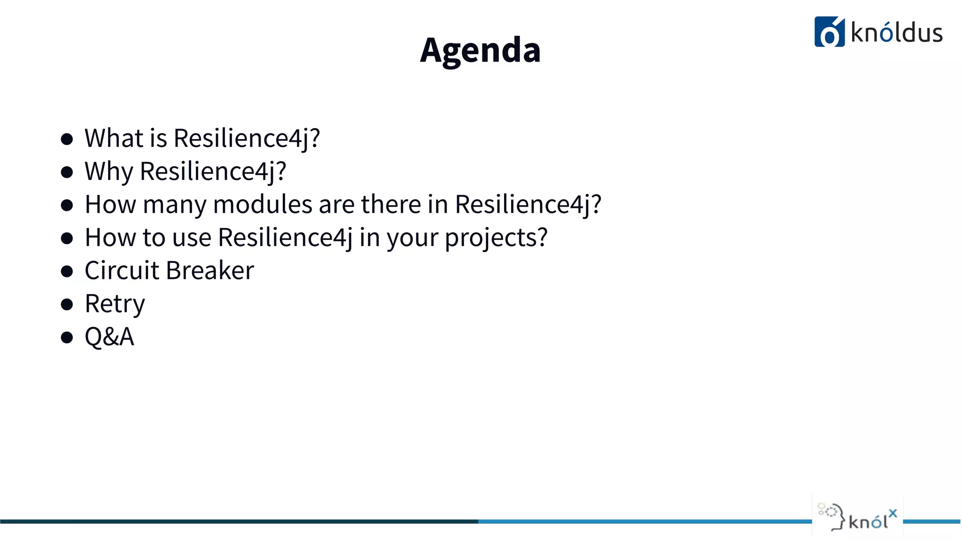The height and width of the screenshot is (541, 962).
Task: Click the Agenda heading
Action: pos(480,50)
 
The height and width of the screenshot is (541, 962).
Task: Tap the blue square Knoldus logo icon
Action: pos(829,32)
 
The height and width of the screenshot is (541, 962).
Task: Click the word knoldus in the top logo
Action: pos(896,33)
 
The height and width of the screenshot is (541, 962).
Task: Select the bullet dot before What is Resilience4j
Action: pos(67,139)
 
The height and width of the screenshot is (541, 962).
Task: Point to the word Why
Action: pos(109,171)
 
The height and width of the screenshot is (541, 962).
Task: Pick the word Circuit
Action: pos(122,270)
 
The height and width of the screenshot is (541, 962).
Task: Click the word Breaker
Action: pos(210,270)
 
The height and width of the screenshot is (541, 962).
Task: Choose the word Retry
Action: pos(115,304)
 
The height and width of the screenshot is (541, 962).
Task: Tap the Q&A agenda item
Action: pos(109,337)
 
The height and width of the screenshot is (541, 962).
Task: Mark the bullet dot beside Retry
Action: pos(67,304)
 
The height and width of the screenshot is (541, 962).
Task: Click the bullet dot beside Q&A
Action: pos(67,337)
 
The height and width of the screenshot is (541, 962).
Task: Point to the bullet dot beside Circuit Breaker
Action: pos(67,271)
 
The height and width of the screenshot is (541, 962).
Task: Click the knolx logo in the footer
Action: pos(857,517)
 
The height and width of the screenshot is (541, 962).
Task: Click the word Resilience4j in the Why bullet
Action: pos(213,171)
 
